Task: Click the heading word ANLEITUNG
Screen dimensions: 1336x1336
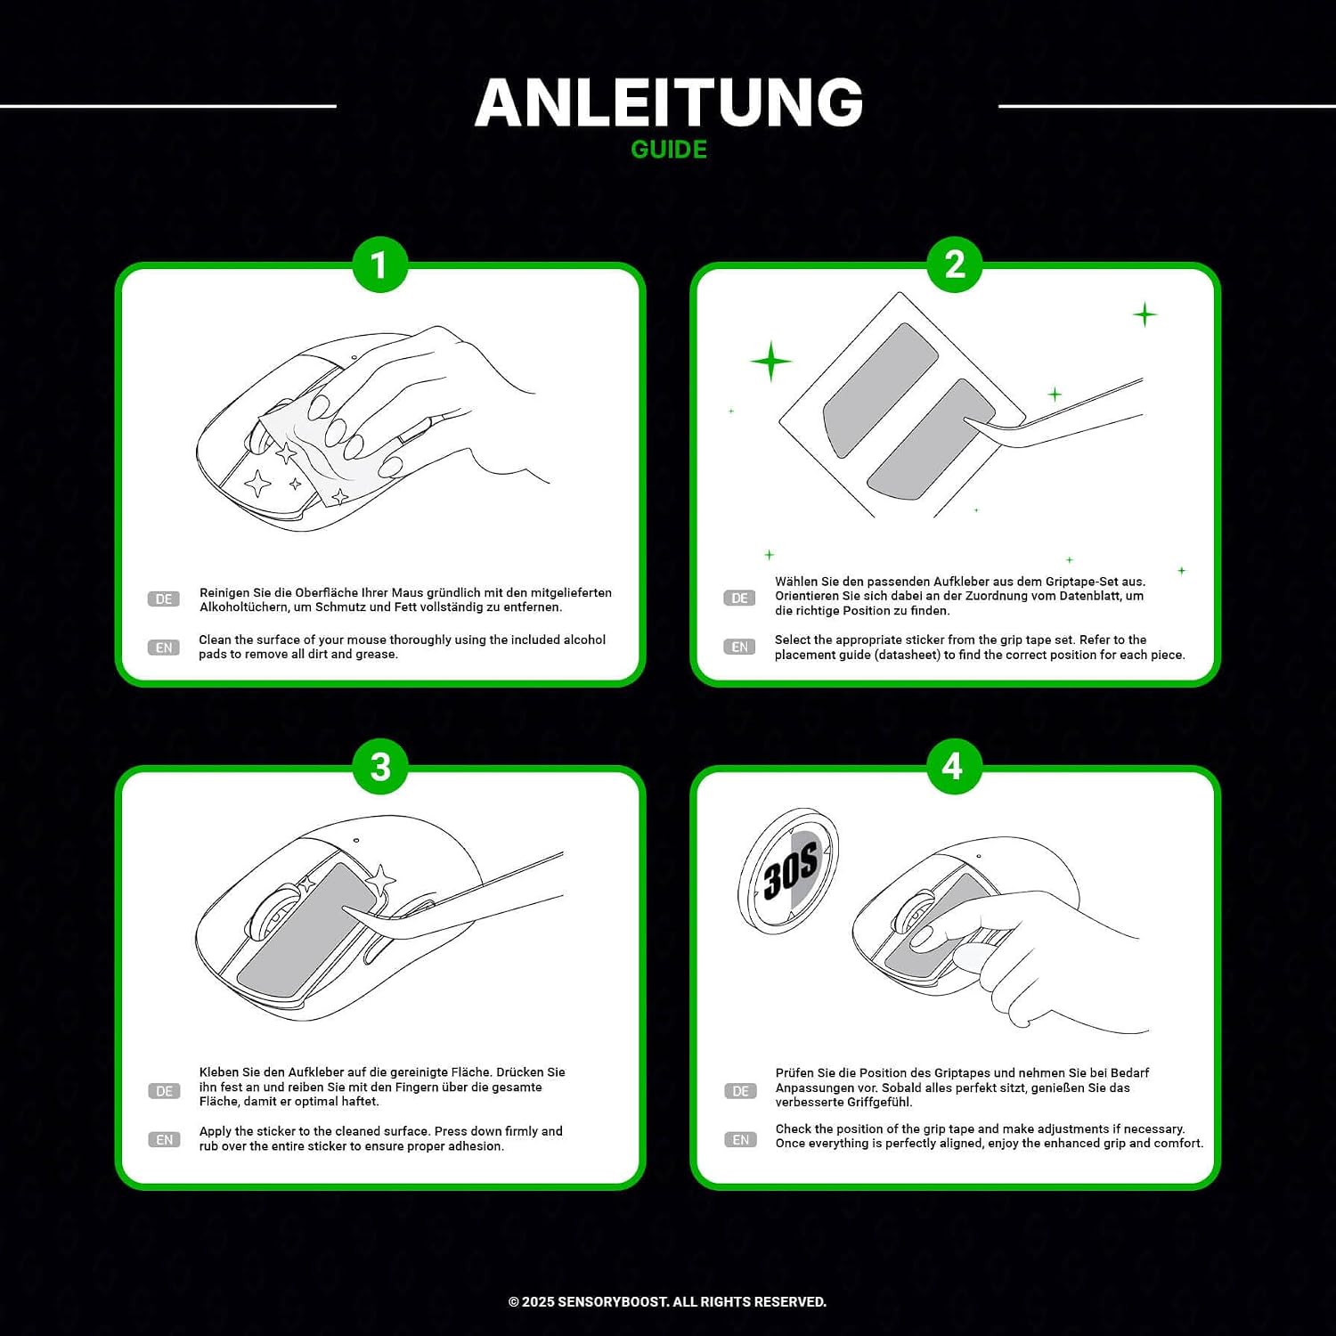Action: tap(669, 102)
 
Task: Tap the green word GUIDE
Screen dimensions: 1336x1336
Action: tap(669, 150)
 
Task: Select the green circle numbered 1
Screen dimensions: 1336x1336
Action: tap(379, 265)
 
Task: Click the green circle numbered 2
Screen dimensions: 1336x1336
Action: tap(955, 265)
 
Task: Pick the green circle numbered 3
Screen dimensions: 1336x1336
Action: tap(380, 767)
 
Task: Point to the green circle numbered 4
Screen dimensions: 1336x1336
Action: tap(954, 767)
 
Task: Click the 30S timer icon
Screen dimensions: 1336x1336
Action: tap(789, 870)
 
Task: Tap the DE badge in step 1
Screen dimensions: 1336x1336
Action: tap(164, 599)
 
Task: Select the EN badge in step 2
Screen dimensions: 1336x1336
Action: tap(740, 647)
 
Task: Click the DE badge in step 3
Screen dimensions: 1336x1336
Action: tap(165, 1091)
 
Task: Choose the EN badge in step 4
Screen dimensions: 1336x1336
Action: tap(741, 1140)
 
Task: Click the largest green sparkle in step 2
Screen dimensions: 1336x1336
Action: tap(771, 362)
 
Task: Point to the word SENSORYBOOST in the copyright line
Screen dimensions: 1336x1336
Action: tap(613, 1302)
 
